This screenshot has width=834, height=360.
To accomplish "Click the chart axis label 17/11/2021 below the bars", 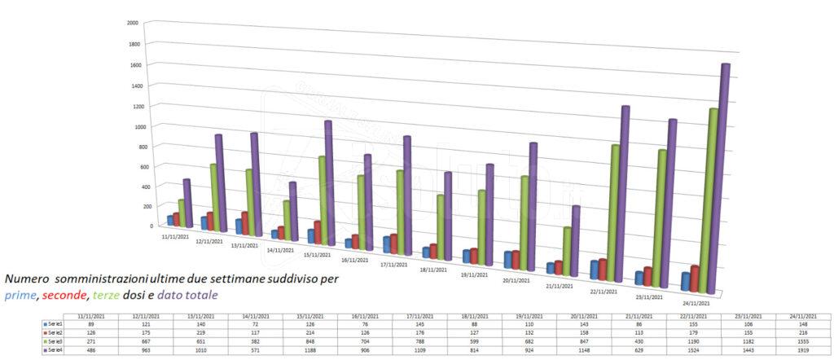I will point(397,265).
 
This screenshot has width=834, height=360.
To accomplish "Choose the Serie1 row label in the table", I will point(55,323).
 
